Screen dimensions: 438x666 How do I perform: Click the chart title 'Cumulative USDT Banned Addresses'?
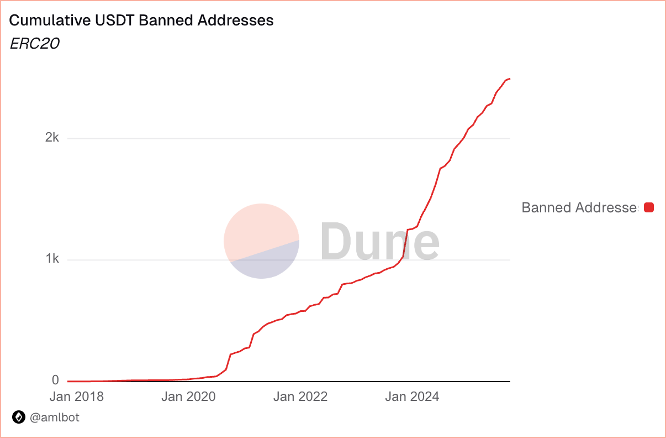pos(141,20)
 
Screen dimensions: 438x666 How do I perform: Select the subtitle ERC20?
pos(34,44)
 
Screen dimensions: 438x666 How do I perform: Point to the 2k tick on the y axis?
pos(52,138)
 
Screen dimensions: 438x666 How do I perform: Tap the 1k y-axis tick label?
pos(52,259)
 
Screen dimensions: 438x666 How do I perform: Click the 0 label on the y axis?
pos(55,380)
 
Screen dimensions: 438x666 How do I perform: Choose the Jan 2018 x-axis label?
pos(76,397)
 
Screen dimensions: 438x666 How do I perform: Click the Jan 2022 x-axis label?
pos(300,397)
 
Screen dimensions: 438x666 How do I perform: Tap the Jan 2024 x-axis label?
pos(412,397)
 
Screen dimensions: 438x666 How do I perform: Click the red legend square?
pos(649,207)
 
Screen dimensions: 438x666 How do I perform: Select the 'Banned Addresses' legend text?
pos(579,207)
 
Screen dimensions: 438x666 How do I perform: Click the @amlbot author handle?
pos(54,418)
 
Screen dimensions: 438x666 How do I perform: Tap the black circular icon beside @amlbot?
pos(18,418)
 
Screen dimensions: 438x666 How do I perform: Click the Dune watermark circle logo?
pos(261,241)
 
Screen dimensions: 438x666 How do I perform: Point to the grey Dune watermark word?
pos(380,241)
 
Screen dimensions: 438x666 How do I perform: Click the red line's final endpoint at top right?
pos(509,79)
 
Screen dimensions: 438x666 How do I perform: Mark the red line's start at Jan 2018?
pos(68,381)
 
